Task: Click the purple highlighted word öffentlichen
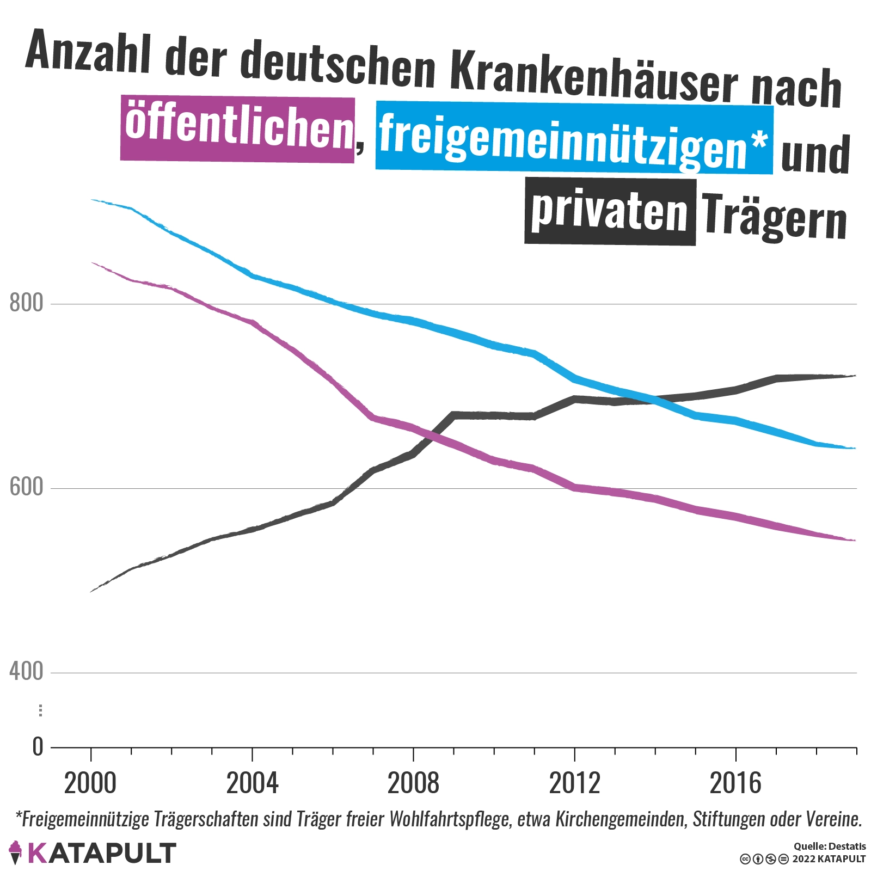[238, 129]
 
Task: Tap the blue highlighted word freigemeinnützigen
[574, 138]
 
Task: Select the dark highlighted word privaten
[610, 212]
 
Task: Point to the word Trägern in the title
[774, 217]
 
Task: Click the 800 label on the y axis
[26, 303]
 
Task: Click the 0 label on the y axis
[38, 747]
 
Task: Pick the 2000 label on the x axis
[90, 784]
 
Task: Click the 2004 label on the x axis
[252, 784]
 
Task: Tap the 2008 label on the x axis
[413, 784]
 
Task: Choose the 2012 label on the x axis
[574, 784]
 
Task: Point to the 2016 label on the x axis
[735, 784]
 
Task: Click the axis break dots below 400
[40, 710]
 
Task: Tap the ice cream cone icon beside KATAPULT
[16, 852]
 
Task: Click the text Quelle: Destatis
[829, 847]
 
